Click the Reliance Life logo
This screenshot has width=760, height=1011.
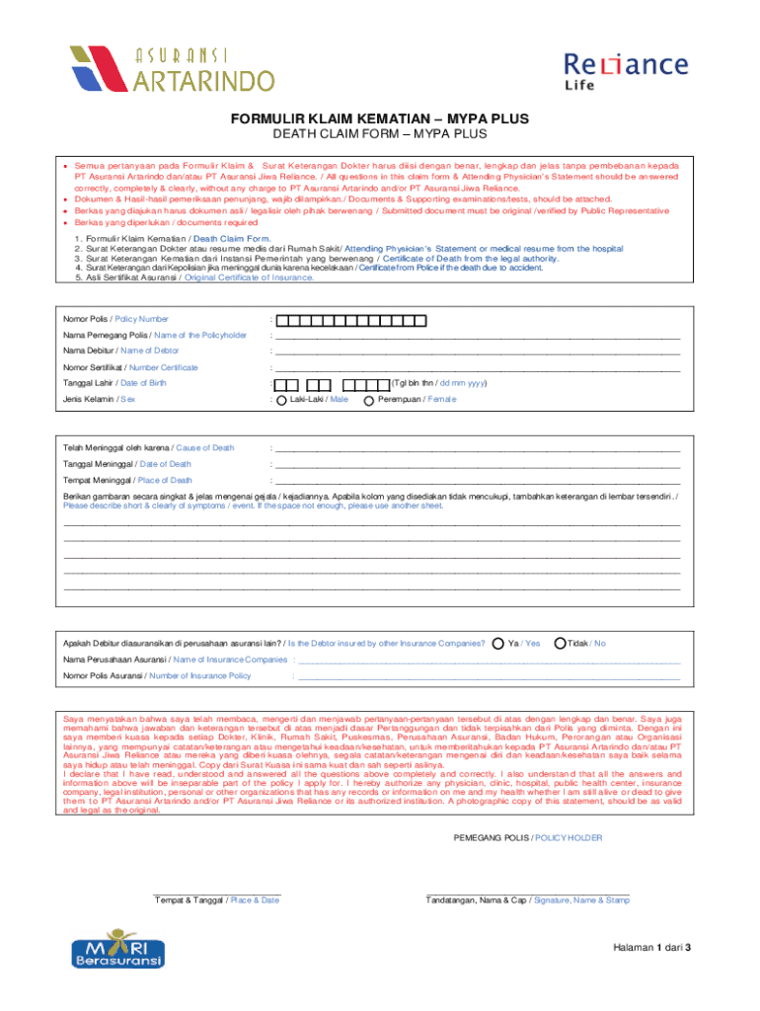(625, 72)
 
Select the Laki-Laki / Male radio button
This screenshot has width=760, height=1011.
(281, 401)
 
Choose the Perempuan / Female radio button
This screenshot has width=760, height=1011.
(369, 401)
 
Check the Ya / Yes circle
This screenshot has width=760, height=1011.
(497, 644)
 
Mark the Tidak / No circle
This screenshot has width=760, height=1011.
(560, 644)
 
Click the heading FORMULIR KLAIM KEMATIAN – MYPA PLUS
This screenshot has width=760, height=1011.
(380, 119)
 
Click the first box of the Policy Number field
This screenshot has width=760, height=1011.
(282, 320)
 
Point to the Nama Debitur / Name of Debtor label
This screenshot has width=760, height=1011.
(121, 350)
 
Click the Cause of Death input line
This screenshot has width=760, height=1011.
(478, 448)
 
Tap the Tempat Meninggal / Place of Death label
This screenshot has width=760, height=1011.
(127, 480)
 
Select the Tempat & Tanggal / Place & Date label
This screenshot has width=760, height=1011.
(217, 900)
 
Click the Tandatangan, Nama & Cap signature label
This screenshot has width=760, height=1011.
(527, 900)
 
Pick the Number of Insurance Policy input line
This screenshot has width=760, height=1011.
(489, 676)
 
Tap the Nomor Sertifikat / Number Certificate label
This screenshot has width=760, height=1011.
(130, 367)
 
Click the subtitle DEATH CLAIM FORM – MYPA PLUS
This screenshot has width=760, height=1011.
(380, 135)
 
